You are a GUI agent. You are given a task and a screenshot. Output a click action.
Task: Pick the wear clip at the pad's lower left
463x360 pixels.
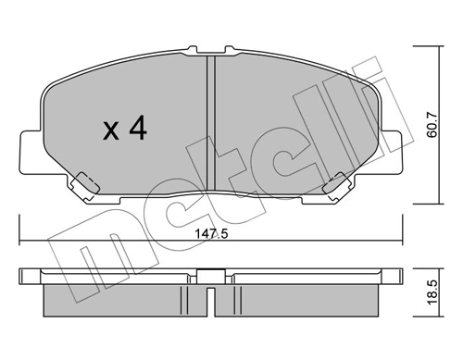[x=86, y=183]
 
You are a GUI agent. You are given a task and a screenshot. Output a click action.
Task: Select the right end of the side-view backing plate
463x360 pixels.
[x=399, y=276]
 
